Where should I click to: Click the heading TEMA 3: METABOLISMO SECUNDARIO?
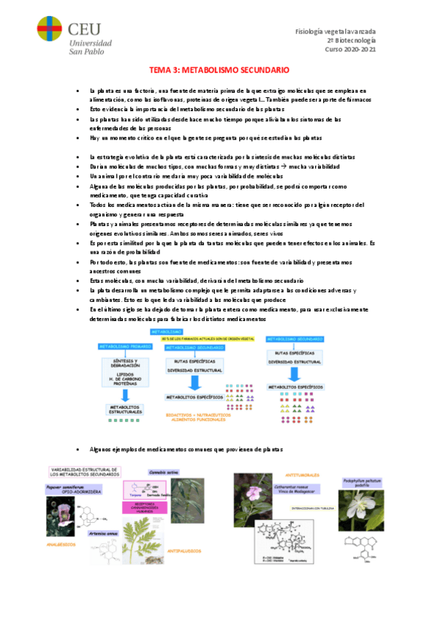219,70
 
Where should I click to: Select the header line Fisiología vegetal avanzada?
335,31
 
